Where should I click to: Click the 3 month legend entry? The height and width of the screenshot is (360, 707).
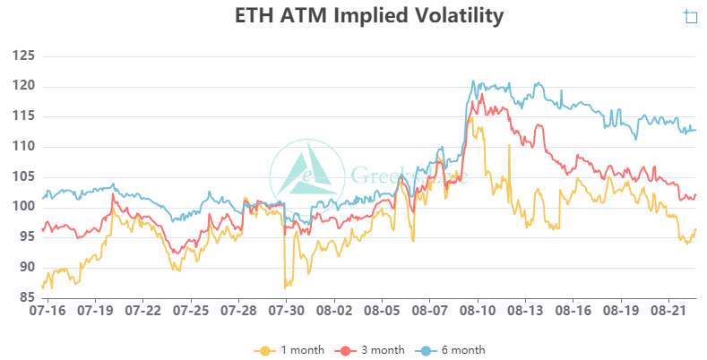[x=370, y=349]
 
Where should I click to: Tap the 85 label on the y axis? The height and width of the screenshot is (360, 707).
[x=25, y=298]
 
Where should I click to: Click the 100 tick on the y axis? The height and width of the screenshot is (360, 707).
[x=22, y=207]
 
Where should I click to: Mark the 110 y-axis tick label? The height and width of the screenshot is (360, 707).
[x=22, y=147]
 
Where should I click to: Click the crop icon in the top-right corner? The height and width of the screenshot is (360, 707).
[x=690, y=16]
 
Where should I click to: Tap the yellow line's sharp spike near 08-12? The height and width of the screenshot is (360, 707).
[x=509, y=145]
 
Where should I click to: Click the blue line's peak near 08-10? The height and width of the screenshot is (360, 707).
[x=474, y=81]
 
